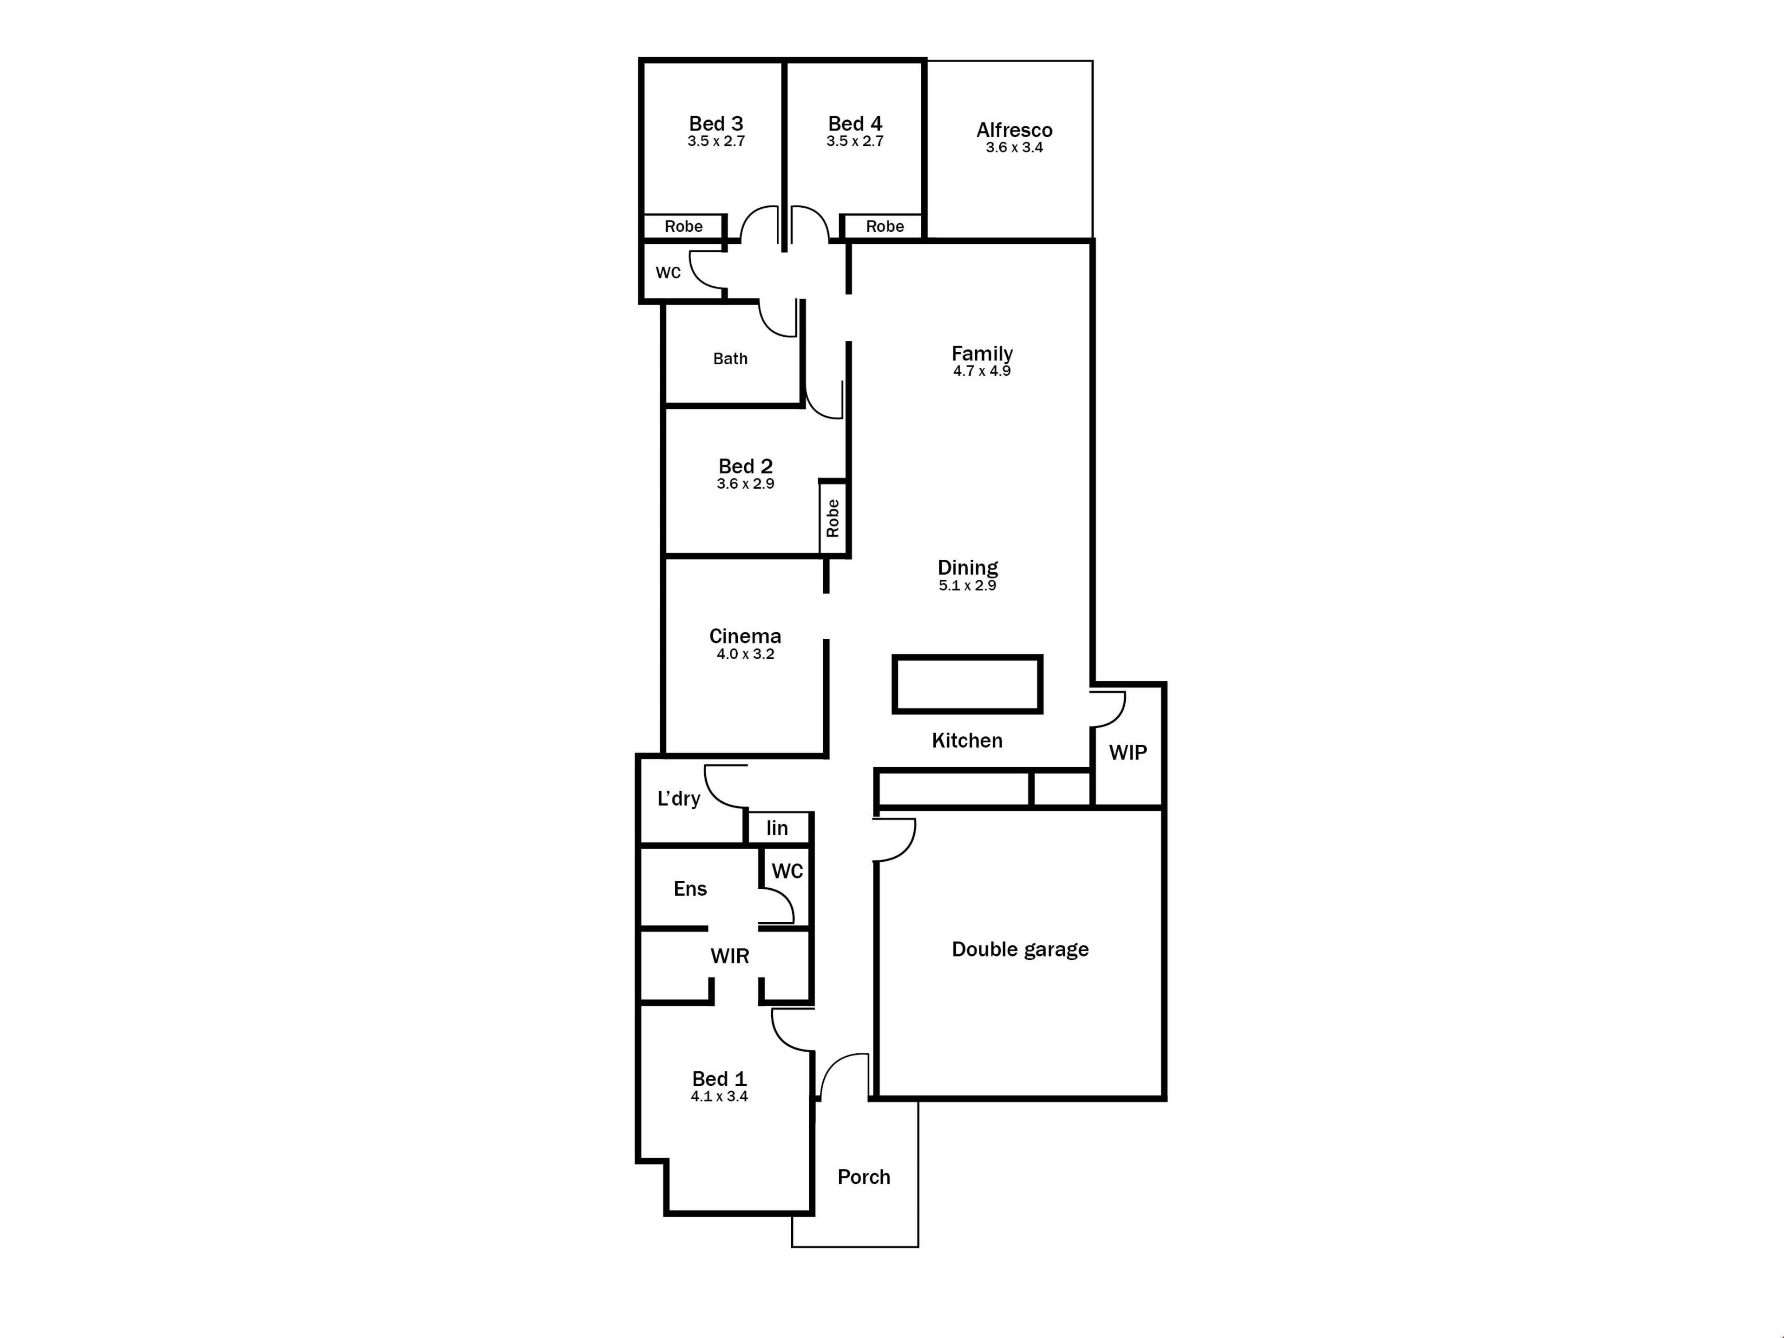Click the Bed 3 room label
[716, 124]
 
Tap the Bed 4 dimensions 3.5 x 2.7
[855, 141]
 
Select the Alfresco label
[1015, 130]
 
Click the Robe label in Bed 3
[684, 227]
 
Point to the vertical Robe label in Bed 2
[833, 518]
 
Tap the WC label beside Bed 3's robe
[669, 273]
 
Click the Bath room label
[731, 359]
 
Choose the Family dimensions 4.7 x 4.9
[982, 371]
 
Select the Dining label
[968, 568]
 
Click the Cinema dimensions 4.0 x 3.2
[745, 654]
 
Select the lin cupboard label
[777, 828]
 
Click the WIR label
[730, 957]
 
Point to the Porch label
[864, 1178]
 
